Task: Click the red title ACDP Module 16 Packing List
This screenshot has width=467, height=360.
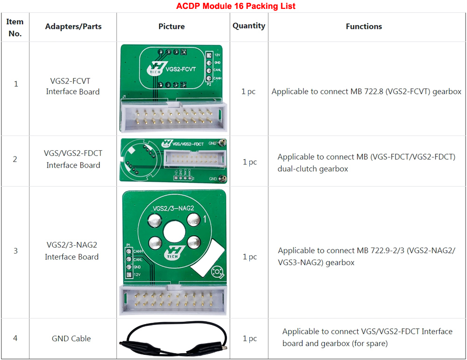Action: pyautogui.click(x=235, y=6)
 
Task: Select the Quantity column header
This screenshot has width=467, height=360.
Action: pyautogui.click(x=249, y=26)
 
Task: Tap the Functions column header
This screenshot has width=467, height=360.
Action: pyautogui.click(x=364, y=27)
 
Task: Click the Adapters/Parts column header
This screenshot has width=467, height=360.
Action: pyautogui.click(x=73, y=27)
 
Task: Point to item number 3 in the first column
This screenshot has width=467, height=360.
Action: pyautogui.click(x=15, y=251)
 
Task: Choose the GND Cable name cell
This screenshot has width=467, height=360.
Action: pyautogui.click(x=71, y=339)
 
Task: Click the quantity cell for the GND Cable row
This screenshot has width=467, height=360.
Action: pyautogui.click(x=249, y=339)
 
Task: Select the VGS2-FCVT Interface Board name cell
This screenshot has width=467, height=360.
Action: pyautogui.click(x=73, y=86)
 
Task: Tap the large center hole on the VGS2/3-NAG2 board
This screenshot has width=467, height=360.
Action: pyautogui.click(x=174, y=232)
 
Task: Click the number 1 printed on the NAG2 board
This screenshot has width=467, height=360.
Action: pyautogui.click(x=205, y=219)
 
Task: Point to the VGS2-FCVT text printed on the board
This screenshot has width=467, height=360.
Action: pyautogui.click(x=181, y=70)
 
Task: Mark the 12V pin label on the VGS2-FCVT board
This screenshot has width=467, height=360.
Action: pyautogui.click(x=217, y=55)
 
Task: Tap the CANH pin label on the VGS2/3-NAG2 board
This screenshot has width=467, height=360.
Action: pyautogui.click(x=138, y=251)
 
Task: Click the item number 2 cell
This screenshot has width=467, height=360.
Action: pyautogui.click(x=15, y=159)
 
